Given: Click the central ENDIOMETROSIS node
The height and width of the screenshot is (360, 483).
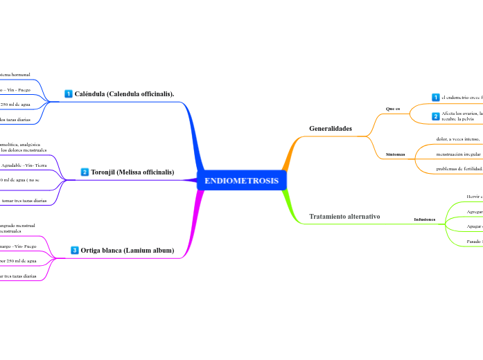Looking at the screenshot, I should click(241, 181).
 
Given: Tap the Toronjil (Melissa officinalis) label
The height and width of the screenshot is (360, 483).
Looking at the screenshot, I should click(132, 172).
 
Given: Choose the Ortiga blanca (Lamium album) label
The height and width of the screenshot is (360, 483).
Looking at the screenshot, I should click(127, 251).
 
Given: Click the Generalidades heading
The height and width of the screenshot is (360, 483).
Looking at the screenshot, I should click(331, 129).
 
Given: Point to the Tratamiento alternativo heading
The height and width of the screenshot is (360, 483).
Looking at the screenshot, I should click(344, 217).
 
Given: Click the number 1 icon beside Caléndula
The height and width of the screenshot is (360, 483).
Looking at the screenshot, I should click(69, 93).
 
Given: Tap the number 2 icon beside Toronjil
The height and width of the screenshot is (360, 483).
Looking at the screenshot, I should click(85, 172).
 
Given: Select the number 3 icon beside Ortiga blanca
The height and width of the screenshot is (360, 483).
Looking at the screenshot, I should click(75, 251).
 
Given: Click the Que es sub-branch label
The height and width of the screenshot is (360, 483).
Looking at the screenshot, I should click(392, 109).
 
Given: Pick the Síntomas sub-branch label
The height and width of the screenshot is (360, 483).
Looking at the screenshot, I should click(395, 153).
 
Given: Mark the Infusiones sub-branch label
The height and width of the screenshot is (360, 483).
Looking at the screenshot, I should click(425, 219).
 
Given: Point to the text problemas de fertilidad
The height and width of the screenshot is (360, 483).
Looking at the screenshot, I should click(459, 168).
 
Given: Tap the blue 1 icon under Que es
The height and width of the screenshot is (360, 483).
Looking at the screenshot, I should click(436, 98).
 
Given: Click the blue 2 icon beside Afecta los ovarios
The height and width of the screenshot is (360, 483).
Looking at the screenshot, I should click(436, 116).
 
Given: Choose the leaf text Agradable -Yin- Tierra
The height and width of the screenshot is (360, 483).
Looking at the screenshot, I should click(24, 166).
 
